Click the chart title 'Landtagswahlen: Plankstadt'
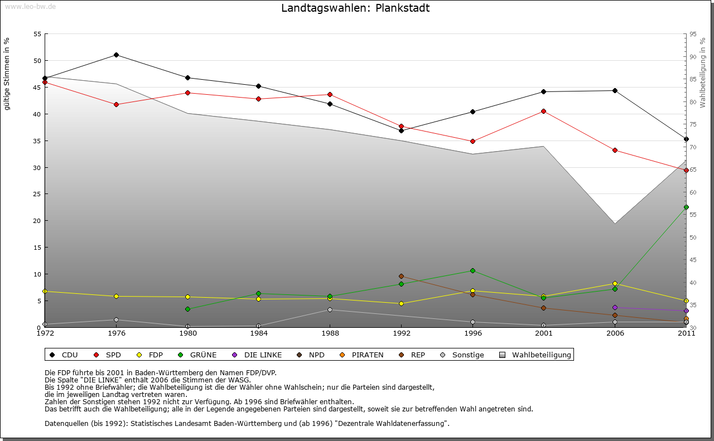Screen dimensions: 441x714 (355, 8)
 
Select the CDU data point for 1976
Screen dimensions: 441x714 (116, 55)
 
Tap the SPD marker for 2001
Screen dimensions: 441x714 (544, 112)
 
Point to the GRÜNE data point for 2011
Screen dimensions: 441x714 (686, 207)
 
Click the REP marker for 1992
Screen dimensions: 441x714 (401, 276)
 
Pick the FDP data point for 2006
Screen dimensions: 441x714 (615, 284)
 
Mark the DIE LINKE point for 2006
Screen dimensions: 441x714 (615, 307)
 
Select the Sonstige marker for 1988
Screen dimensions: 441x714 (330, 309)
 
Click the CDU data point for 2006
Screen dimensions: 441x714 (615, 90)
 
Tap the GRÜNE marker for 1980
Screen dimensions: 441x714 (187, 309)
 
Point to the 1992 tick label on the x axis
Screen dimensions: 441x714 (401, 333)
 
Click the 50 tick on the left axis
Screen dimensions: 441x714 (37, 61)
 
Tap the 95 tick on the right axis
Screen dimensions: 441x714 (693, 34)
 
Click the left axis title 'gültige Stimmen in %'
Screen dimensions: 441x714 (7, 74)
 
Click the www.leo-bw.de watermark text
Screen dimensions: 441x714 (30, 6)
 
